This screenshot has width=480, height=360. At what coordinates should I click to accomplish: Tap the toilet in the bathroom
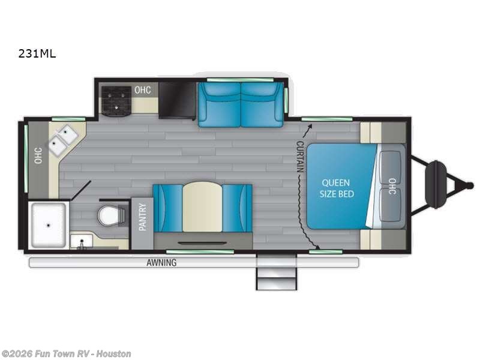pos(112,214)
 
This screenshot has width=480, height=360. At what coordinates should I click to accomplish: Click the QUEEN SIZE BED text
pos(338,188)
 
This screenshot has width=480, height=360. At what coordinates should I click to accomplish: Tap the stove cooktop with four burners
pos(116,100)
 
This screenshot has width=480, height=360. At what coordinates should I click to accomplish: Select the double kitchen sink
pos(63,140)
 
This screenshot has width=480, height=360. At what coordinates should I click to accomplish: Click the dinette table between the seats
pos(202,207)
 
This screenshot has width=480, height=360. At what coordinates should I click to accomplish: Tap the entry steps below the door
pos(276,274)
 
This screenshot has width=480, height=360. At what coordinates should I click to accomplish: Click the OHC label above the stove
pos(142,90)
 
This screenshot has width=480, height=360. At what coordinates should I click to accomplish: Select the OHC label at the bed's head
pos(392,187)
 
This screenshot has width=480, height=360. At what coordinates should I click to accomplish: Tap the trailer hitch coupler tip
pos(470,185)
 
